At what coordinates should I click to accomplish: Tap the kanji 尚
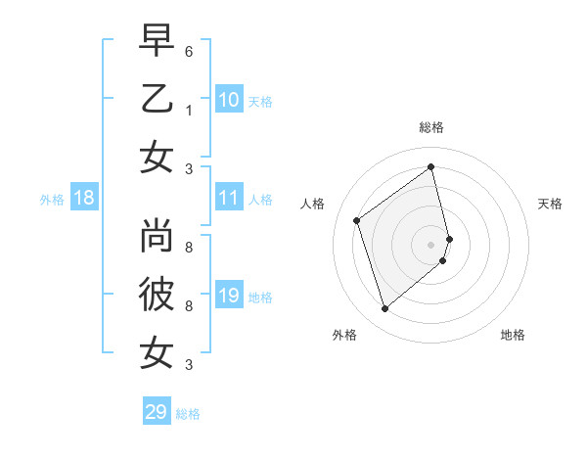[157, 237]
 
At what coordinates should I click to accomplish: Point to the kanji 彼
[157, 294]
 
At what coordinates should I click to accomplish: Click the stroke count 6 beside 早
[189, 51]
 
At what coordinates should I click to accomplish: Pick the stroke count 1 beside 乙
[189, 110]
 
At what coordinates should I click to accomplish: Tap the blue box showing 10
[229, 99]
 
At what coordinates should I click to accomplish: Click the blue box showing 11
[229, 198]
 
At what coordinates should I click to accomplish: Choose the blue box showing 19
[229, 296]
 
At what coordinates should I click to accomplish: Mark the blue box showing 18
[84, 198]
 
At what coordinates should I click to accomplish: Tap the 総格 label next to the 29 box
[189, 414]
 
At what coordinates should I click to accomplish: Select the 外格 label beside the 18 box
[52, 200]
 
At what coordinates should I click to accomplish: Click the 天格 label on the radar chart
[551, 204]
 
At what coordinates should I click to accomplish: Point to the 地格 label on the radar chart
[513, 335]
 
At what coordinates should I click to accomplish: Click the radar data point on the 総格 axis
[431, 167]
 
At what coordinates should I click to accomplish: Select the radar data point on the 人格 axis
[357, 220]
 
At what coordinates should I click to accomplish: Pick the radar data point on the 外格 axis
[384, 309]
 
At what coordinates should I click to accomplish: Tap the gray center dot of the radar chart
[431, 244]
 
